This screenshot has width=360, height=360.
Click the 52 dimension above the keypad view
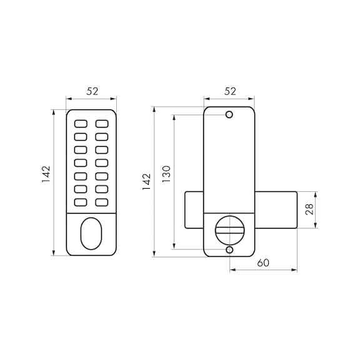pyautogui.click(x=92, y=91)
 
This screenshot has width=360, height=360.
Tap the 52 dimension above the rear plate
pyautogui.click(x=229, y=91)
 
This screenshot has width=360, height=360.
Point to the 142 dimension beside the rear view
pyautogui.click(x=146, y=182)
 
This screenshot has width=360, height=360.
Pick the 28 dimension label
pyautogui.click(x=309, y=210)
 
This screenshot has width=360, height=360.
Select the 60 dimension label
pyautogui.click(x=262, y=262)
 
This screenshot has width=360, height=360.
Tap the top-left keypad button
pyautogui.click(x=81, y=122)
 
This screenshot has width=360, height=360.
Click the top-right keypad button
pyautogui.click(x=101, y=122)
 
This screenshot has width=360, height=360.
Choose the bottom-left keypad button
pyautogui.click(x=81, y=202)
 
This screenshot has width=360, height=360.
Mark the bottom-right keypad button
pyautogui.click(x=101, y=202)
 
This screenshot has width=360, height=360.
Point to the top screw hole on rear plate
pyautogui.click(x=229, y=115)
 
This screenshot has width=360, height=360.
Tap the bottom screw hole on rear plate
pyautogui.click(x=229, y=250)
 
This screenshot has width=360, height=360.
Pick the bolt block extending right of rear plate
pyautogui.click(x=275, y=209)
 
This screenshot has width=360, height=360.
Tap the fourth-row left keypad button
pyautogui.click(x=81, y=162)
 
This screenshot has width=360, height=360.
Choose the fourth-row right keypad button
pyautogui.click(x=101, y=162)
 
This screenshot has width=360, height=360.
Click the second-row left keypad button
pyautogui.click(x=81, y=136)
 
